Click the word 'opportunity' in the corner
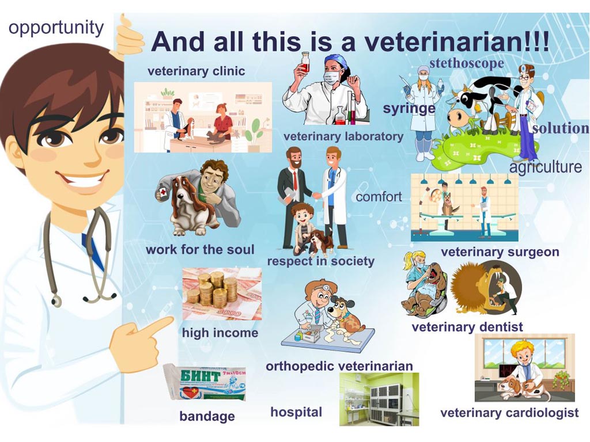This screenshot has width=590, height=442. click(56, 28)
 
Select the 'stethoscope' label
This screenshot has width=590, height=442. click(467, 63)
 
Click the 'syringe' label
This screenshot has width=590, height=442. click(409, 109)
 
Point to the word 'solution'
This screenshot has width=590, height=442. click(561, 128)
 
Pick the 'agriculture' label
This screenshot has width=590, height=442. click(546, 167)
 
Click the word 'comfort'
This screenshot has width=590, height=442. click(379, 196)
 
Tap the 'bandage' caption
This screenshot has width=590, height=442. click(207, 416)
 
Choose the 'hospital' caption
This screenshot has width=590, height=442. click(296, 412)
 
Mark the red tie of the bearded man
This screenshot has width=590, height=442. click(296, 181)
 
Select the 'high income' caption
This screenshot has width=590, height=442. click(220, 333)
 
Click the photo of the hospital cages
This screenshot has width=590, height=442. click(379, 399)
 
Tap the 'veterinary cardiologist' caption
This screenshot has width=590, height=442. click(509, 413)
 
